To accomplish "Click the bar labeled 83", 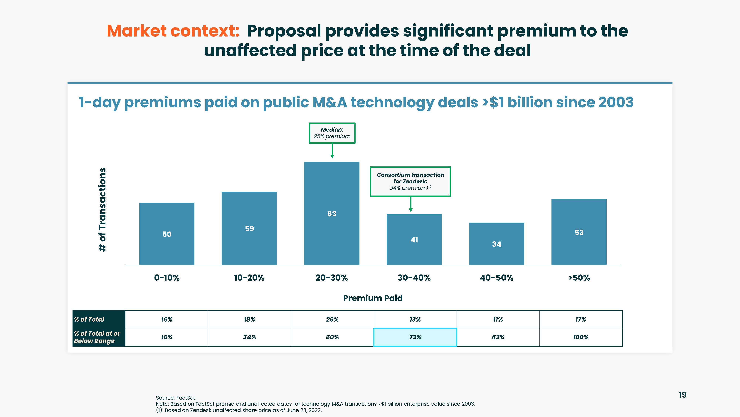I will click(332, 213).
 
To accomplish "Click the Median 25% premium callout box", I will click(332, 133).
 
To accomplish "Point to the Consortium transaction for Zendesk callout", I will click(410, 181).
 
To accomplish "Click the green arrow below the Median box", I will click(332, 151).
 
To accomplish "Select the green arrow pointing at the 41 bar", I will click(411, 204).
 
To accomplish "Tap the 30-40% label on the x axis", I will click(414, 278).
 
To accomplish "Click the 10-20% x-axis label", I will click(249, 278).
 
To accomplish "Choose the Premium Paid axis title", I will click(373, 298).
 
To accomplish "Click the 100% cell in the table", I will click(581, 337).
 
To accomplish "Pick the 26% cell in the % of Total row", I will click(332, 319).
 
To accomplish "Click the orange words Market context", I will click(173, 31).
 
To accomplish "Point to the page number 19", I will click(682, 395).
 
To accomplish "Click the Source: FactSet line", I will click(176, 398).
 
